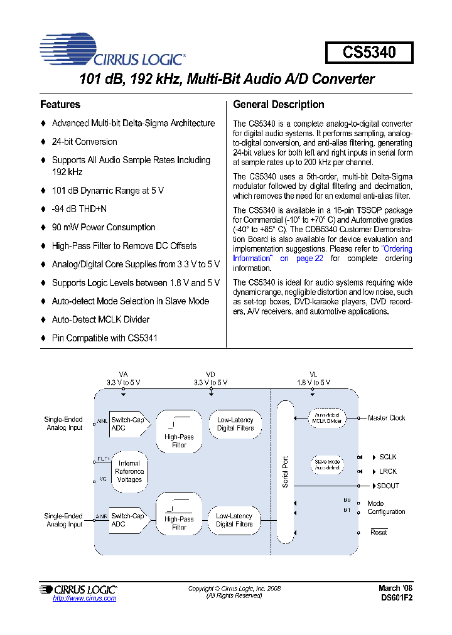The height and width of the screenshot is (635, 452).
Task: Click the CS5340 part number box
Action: (369, 53)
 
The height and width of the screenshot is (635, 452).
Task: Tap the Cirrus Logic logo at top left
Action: (113, 51)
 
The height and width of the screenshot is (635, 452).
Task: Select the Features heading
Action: (60, 105)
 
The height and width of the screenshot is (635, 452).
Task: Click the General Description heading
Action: (278, 105)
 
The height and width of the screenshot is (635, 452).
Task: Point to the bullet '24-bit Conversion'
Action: (84, 142)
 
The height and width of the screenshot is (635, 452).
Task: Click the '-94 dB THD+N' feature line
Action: (78, 209)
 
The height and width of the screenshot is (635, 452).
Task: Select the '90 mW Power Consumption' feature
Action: (103, 227)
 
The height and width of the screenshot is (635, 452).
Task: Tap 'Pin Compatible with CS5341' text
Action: (104, 338)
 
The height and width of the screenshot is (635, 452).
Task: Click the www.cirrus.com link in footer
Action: (85, 599)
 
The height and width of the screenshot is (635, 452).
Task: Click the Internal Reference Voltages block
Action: (129, 471)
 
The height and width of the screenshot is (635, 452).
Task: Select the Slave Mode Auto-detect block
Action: (326, 465)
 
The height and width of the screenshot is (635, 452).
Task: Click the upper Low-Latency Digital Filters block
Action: (235, 424)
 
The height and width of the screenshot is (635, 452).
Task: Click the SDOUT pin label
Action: (387, 486)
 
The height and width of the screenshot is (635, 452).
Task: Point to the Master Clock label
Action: (387, 418)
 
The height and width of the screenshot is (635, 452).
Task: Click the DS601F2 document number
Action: (397, 599)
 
